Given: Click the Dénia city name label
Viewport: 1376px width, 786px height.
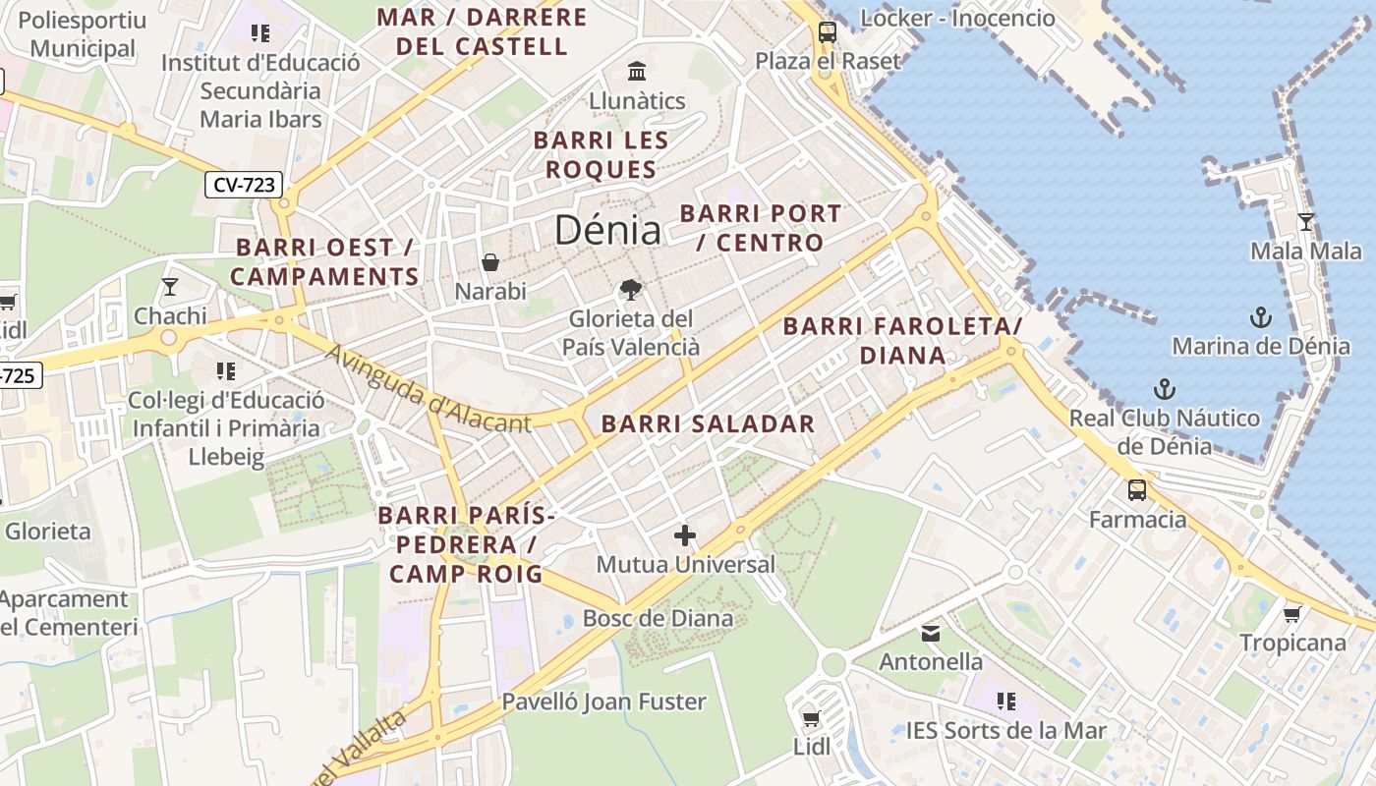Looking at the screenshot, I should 607,230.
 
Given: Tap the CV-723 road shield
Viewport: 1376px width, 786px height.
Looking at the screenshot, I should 244,184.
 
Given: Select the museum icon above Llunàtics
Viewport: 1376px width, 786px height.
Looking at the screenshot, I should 637,72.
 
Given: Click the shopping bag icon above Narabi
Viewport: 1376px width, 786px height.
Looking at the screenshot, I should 489,262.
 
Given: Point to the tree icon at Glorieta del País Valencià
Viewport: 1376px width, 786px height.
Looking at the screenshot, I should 630,289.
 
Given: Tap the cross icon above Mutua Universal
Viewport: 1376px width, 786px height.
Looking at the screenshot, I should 685,535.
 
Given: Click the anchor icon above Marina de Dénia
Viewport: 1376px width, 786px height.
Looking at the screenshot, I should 1260,316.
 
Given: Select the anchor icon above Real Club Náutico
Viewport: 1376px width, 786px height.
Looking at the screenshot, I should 1164,388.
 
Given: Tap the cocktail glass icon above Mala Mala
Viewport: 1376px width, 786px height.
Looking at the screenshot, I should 1305,222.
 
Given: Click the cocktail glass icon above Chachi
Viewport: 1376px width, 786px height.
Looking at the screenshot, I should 170,287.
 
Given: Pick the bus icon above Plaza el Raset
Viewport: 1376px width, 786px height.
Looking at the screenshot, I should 827,31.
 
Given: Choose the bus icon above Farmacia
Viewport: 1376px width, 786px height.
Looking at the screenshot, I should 1137,489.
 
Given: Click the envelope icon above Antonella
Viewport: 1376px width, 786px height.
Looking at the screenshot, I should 930,633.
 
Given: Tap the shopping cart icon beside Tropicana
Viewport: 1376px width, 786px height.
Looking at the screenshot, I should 1291,614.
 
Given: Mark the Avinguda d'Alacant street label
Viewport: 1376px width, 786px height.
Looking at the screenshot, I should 429,390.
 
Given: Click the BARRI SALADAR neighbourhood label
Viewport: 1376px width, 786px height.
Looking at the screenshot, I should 708,424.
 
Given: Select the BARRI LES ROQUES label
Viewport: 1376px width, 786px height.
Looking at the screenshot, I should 601,154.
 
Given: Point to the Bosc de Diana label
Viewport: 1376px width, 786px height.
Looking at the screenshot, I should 658,618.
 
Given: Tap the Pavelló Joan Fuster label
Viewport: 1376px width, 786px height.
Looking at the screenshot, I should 603,702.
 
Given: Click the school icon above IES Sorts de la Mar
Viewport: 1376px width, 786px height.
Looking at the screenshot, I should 1005,702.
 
